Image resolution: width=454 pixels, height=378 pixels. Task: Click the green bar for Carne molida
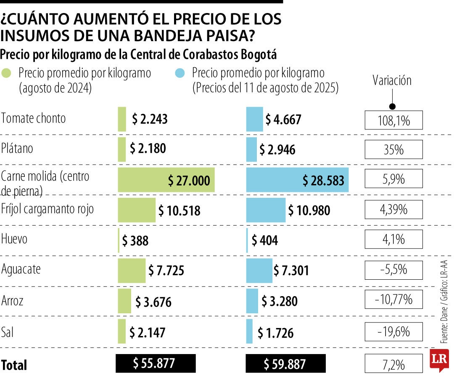coord(166,180)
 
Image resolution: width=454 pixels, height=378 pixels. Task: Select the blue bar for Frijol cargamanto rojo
coord(266,210)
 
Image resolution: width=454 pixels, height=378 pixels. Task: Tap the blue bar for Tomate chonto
coord(254,119)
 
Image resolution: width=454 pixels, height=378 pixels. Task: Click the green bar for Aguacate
coord(132,270)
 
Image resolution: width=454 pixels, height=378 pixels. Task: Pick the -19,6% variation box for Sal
coord(393,332)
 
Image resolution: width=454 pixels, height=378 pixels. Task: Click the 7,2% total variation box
coord(393,364)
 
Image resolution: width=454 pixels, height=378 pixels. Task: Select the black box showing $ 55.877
coord(156,363)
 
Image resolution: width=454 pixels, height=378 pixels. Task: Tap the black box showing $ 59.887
coord(285,364)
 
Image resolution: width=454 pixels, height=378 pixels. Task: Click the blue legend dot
coord(179,73)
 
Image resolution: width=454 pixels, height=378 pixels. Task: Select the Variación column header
coord(392,81)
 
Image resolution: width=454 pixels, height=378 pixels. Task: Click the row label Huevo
coord(15,239)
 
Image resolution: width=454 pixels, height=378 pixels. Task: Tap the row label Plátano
coord(17,148)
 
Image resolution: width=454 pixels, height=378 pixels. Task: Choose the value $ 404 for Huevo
coord(265,241)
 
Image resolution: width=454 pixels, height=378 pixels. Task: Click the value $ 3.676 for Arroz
coord(153,302)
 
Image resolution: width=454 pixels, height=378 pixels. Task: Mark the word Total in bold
coord(14,365)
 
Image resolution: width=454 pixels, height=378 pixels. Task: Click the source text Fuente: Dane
coord(444,328)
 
